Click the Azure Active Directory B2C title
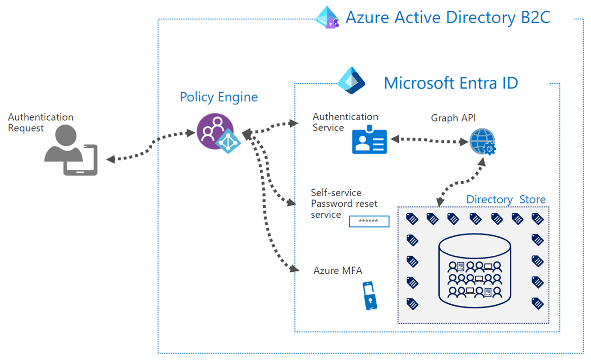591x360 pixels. click(x=448, y=17)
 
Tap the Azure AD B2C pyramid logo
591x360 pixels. click(x=327, y=17)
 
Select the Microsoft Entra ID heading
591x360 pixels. click(x=451, y=83)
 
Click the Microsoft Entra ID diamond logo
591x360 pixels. click(x=351, y=80)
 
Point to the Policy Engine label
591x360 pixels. click(x=219, y=98)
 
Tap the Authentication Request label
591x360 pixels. click(x=40, y=122)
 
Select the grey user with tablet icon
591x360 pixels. click(x=71, y=150)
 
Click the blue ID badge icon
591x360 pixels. click(x=369, y=139)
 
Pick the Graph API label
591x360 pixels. click(x=453, y=118)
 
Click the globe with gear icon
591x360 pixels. click(x=483, y=142)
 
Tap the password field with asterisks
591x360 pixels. click(x=369, y=221)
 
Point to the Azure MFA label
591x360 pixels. click(x=338, y=270)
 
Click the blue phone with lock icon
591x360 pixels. click(x=370, y=295)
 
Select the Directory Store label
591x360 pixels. click(x=506, y=199)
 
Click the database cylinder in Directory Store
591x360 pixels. click(x=475, y=271)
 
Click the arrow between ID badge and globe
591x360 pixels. click(x=429, y=140)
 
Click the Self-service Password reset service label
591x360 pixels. click(x=344, y=203)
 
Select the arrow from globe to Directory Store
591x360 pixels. click(x=460, y=183)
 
